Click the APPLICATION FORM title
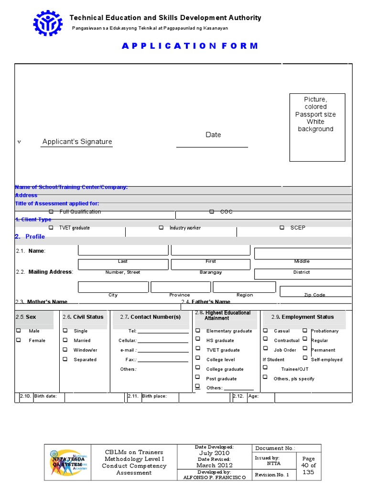coord(190,46)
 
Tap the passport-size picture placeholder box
coord(317,127)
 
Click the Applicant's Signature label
coord(77,142)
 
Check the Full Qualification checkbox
coord(51,212)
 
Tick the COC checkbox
coord(212,212)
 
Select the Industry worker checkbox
coord(161,228)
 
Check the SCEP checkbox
coord(282,228)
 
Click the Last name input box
coord(123,250)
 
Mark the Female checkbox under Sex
coord(19,340)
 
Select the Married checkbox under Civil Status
coord(65,340)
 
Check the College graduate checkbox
coord(198,368)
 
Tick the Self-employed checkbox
coord(305,357)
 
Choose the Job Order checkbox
coord(265,349)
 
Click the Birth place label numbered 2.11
coord(154,396)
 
